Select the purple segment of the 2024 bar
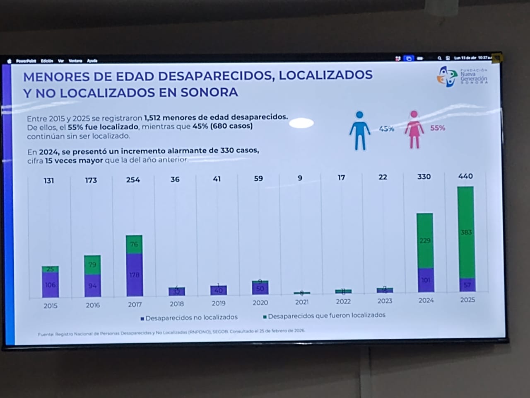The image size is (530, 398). (x=425, y=281)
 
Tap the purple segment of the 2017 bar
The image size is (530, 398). (x=134, y=275)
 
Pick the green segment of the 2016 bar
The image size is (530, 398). (x=92, y=265)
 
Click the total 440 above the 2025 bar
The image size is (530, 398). (x=465, y=176)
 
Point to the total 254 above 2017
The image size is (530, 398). (x=133, y=180)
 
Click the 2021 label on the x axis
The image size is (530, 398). (x=302, y=302)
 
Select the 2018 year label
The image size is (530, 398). (x=177, y=303)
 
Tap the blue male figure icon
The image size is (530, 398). (x=359, y=130)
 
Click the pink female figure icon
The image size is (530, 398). (x=414, y=129)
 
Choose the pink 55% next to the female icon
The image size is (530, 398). (x=437, y=128)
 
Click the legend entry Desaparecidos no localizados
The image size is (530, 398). (x=189, y=318)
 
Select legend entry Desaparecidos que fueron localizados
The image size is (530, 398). (x=324, y=315)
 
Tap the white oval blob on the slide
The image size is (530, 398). (x=301, y=123)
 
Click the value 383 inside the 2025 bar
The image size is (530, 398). (x=466, y=232)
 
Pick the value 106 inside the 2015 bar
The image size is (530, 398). (x=50, y=285)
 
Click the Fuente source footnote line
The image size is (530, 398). (x=171, y=332)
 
